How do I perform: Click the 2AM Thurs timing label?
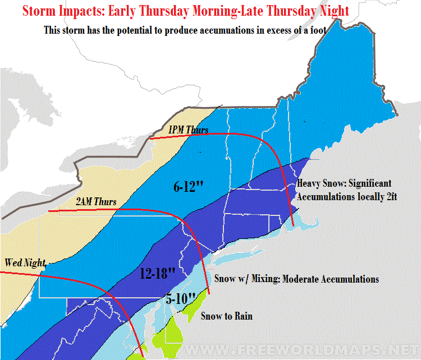point(94,201)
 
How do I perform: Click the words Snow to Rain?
point(227,316)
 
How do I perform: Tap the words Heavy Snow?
point(318,183)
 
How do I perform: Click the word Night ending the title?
point(334,11)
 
